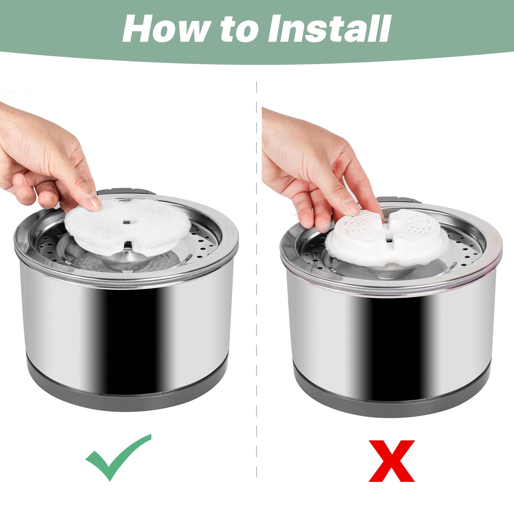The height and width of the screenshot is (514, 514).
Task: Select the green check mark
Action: point(118,456)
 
